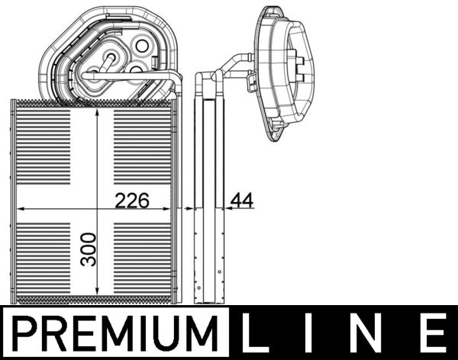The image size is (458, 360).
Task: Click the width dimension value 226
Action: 131,201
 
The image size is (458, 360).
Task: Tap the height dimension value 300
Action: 90,249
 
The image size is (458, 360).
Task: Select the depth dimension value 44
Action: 242,201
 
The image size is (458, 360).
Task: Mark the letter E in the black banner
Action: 431,334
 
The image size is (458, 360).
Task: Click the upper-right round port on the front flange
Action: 141,46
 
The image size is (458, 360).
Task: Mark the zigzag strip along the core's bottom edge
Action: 97,300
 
